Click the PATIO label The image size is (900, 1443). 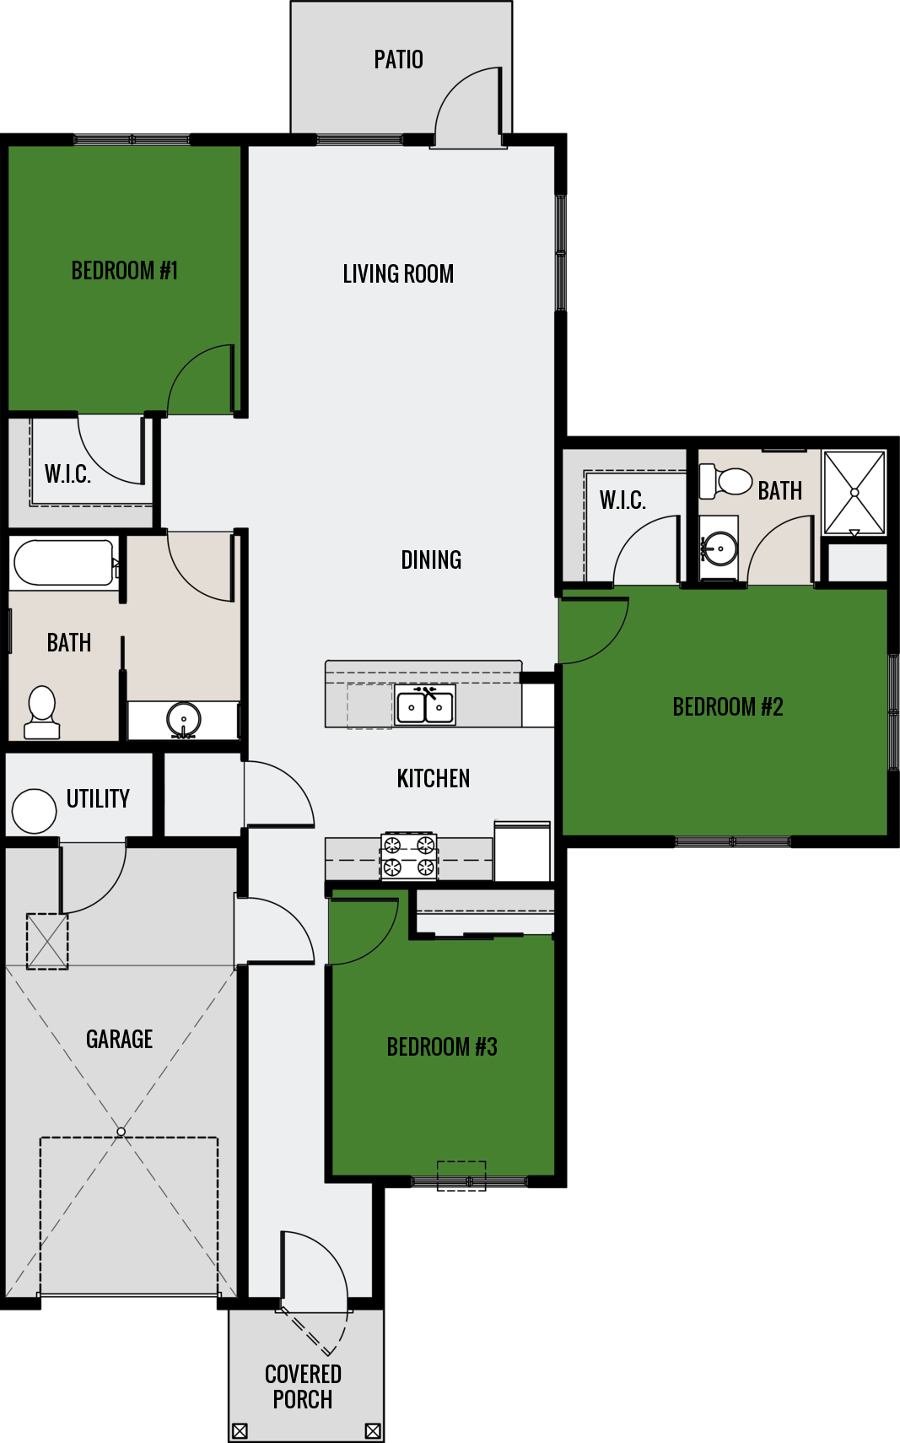(398, 60)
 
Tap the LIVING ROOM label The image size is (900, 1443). (398, 273)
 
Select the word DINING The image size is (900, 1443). (431, 559)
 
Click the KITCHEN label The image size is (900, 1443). (434, 778)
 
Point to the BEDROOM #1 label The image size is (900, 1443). (125, 271)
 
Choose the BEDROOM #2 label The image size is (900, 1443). (728, 706)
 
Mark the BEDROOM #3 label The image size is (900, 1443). (442, 1046)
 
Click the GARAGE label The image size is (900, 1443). (120, 1039)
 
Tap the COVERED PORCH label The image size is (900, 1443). (303, 1386)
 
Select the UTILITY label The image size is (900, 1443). (98, 798)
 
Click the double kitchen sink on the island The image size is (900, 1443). (425, 705)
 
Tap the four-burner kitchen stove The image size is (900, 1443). (409, 856)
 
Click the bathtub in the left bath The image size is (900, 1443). (63, 563)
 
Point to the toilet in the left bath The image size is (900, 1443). (41, 713)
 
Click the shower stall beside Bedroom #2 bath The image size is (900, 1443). (854, 493)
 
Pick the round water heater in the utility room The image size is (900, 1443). (35, 811)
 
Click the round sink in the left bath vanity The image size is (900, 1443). (184, 720)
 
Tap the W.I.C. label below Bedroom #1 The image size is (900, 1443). (67, 474)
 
